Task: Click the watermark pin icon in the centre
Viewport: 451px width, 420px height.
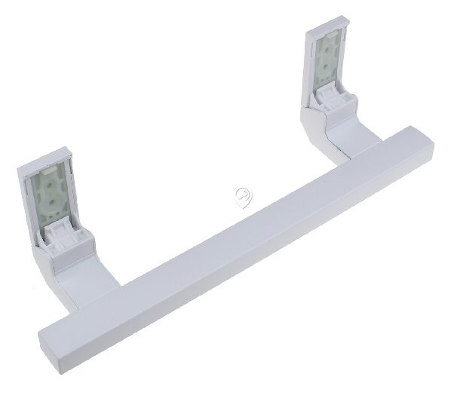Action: pos(243,198)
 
